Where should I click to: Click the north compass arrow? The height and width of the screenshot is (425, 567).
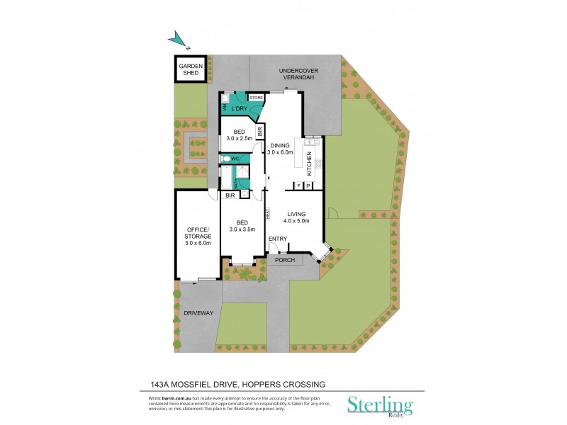point(179,40)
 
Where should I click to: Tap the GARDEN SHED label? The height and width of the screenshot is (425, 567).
point(191,69)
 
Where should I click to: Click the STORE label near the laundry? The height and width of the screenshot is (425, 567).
point(255,97)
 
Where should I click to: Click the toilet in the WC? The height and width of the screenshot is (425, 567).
point(225,160)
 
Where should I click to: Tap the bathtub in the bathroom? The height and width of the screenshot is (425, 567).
point(226,178)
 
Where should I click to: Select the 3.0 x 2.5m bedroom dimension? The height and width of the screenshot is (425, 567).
point(240,139)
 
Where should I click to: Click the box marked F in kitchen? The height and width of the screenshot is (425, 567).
point(298,186)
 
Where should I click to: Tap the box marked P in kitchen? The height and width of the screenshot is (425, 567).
point(309,186)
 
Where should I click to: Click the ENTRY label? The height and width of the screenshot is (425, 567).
point(277,239)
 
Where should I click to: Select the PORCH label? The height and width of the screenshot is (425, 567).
point(284,260)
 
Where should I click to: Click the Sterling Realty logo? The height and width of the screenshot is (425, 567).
point(378,406)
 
